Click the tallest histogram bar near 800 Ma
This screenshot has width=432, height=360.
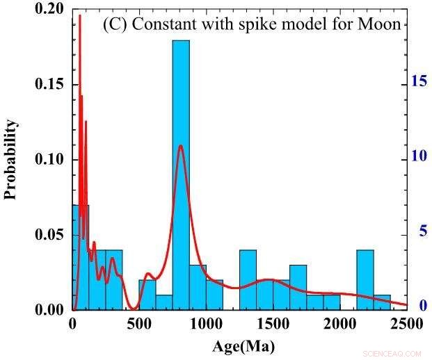coord(181,174)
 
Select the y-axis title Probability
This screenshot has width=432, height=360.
coord(10,160)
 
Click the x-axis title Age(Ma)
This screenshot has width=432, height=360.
coord(239,343)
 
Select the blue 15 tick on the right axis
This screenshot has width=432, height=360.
coord(418,81)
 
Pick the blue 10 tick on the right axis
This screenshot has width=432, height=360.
coord(418,156)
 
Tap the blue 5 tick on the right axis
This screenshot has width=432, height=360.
coord(422,231)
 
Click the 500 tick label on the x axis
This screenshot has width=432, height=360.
coord(139,324)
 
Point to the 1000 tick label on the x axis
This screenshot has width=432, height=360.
coord(206,324)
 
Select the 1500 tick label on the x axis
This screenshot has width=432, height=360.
coord(273,324)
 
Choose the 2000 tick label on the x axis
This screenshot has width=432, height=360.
coord(340,324)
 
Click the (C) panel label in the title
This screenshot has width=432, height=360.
coord(114,24)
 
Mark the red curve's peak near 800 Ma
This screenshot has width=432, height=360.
coord(181,146)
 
